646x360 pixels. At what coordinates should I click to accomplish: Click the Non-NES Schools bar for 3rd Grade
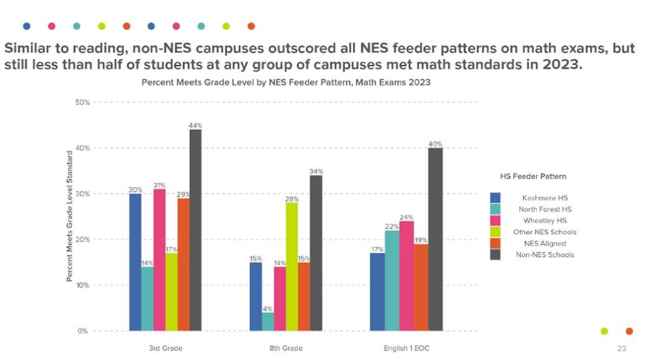(196, 230)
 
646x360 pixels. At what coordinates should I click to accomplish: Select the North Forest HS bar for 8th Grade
(267, 322)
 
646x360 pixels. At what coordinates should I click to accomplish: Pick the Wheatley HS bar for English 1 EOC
(406, 276)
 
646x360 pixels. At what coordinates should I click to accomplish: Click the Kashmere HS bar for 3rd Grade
(135, 262)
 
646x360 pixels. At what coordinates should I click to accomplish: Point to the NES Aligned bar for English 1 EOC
(421, 287)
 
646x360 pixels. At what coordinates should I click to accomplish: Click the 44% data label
(196, 125)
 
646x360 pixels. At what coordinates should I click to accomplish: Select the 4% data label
(267, 308)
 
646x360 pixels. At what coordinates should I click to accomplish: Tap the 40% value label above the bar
(435, 144)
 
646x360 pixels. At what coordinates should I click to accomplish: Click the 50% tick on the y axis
(83, 102)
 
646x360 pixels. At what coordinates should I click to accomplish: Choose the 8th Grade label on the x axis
(286, 348)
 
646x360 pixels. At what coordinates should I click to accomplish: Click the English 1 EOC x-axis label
(407, 348)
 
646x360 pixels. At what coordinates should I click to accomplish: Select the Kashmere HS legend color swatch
(495, 198)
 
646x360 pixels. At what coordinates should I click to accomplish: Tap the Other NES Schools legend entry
(548, 232)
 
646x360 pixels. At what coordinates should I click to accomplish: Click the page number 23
(621, 348)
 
